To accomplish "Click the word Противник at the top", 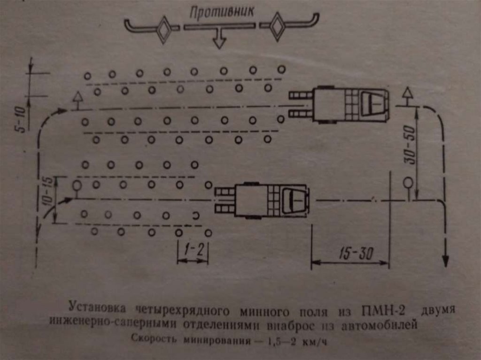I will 222,11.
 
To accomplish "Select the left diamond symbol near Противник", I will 164,30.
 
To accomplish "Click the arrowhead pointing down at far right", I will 446,261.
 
